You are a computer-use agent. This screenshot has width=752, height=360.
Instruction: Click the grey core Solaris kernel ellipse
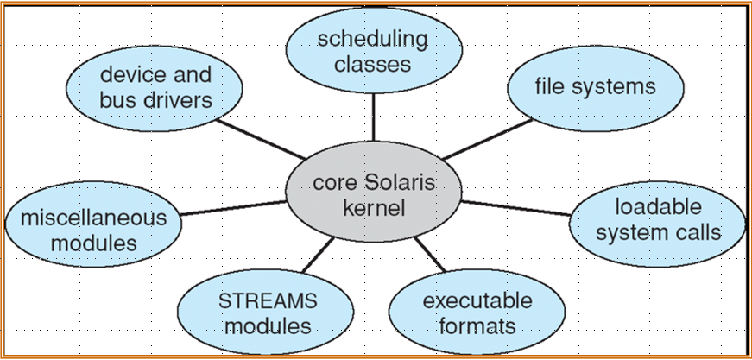[x=374, y=196]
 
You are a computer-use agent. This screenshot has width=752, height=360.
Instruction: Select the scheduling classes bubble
[x=372, y=51]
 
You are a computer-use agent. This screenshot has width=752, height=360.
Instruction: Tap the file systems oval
[x=595, y=86]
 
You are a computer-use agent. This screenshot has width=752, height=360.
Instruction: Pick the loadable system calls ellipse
[x=659, y=221]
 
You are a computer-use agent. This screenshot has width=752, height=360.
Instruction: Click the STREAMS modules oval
[x=269, y=313]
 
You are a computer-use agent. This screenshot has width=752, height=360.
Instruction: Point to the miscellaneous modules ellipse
[x=94, y=230]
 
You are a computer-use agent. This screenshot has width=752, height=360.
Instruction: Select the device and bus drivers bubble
[x=155, y=87]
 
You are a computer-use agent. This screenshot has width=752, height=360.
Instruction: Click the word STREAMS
[x=269, y=301]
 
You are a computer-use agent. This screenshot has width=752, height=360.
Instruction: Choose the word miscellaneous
[x=94, y=218]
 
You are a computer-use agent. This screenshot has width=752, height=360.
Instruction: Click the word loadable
[x=658, y=208]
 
